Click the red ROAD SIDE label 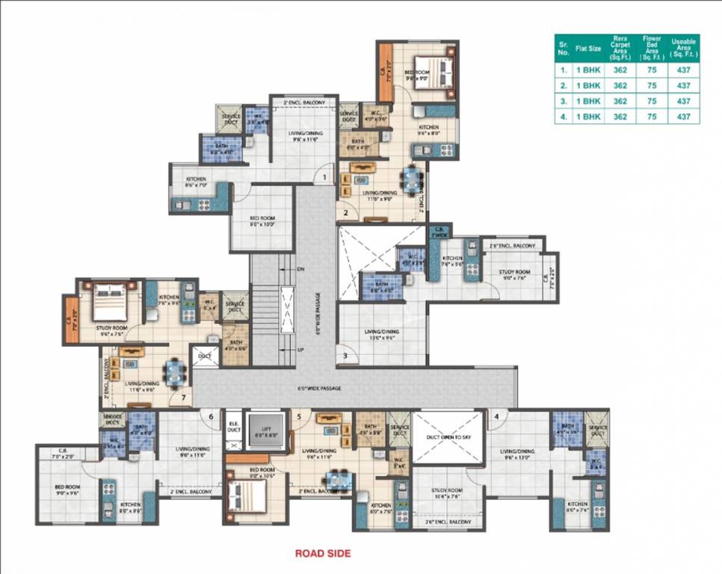pyautogui.click(x=322, y=554)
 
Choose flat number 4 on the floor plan pyautogui.click(x=496, y=416)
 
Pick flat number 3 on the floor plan pyautogui.click(x=345, y=356)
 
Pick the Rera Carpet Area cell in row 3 pyautogui.click(x=620, y=101)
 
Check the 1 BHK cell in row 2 pyautogui.click(x=587, y=85)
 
